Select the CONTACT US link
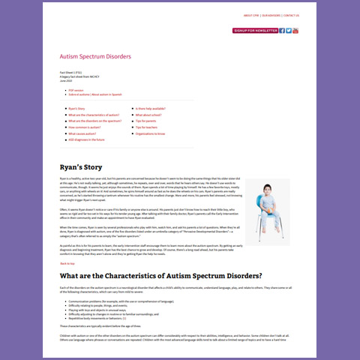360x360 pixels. (291, 15)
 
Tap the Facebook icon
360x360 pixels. (282, 31)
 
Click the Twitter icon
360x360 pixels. (289, 31)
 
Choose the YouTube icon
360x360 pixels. (296, 31)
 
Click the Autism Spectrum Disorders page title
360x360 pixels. (95, 56)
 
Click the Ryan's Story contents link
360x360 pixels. (76, 109)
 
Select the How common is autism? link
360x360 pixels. (83, 127)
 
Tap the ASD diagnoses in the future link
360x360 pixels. (87, 140)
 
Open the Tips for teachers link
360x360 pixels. (148, 127)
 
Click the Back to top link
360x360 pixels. (67, 264)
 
